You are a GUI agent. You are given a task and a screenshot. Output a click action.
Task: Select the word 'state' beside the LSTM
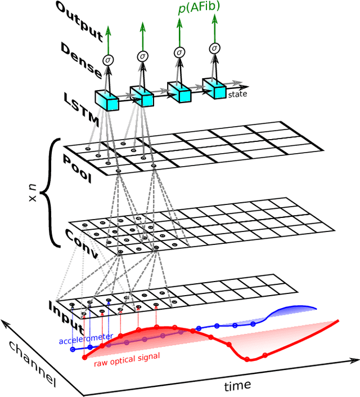(237, 94)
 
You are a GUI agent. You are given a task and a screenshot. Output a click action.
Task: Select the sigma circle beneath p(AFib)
(179, 52)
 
